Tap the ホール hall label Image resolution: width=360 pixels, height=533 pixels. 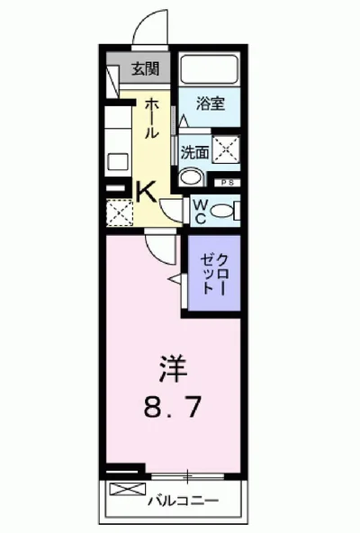(152, 117)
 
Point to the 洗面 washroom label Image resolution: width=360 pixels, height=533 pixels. (195, 152)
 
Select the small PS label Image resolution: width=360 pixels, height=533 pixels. (225, 184)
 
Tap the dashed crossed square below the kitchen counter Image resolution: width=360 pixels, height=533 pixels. (119, 212)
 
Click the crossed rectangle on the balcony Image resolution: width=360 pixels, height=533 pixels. (126, 492)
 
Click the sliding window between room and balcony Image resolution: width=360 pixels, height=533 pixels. (189, 474)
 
